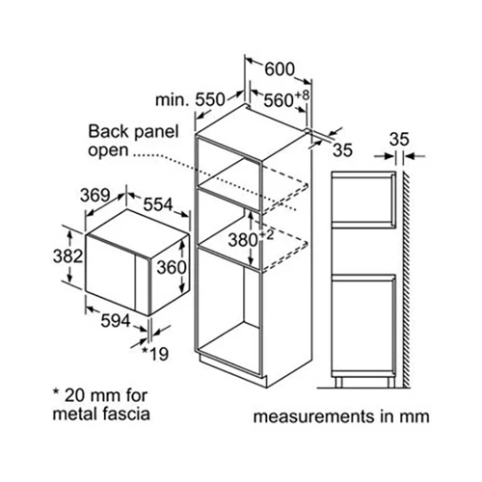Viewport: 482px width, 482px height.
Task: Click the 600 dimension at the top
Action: [280, 69]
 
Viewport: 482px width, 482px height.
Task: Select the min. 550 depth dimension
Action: [190, 99]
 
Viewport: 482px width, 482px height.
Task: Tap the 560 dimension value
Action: [279, 100]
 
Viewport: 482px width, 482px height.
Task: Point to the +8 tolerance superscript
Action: [302, 95]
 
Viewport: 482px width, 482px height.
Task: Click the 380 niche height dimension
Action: [243, 240]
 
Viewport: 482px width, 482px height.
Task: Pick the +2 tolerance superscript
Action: [266, 235]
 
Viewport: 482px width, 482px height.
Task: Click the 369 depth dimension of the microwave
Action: [95, 195]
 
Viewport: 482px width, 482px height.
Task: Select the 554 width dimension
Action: [158, 204]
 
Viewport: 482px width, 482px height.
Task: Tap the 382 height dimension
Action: [67, 256]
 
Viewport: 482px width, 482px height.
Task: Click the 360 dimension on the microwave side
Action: [172, 267]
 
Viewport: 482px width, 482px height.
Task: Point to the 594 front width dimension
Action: [116, 321]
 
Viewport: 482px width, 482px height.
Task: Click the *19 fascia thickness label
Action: [155, 354]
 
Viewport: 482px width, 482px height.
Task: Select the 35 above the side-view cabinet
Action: [399, 140]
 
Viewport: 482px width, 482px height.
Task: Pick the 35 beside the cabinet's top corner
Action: [342, 149]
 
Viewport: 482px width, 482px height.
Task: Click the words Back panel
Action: [133, 132]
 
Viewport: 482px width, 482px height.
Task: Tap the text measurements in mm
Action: [341, 416]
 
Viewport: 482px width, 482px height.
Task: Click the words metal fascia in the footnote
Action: [101, 414]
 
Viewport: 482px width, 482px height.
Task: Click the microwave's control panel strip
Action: [143, 285]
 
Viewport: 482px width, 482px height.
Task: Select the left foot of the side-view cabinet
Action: [338, 383]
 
